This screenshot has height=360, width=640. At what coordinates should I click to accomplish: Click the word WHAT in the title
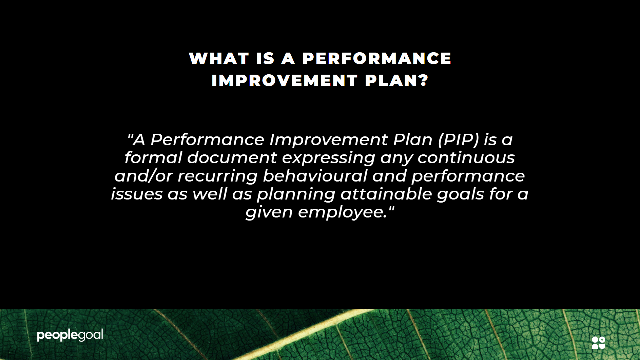pyautogui.click(x=219, y=58)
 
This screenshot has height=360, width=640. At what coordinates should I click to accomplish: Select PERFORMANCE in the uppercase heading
pyautogui.click(x=377, y=58)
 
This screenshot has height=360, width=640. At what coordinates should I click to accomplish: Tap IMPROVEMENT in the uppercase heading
pyautogui.click(x=285, y=80)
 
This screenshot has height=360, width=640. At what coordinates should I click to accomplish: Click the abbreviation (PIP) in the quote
pyautogui.click(x=458, y=139)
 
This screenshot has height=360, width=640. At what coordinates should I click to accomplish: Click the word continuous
pyautogui.click(x=466, y=158)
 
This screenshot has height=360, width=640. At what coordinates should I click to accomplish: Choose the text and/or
pyautogui.click(x=143, y=176)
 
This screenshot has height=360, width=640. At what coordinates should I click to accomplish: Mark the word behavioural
pyautogui.click(x=315, y=176)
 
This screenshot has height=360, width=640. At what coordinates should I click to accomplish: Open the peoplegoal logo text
pyautogui.click(x=70, y=335)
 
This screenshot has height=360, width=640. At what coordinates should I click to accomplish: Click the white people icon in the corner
pyautogui.click(x=599, y=343)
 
